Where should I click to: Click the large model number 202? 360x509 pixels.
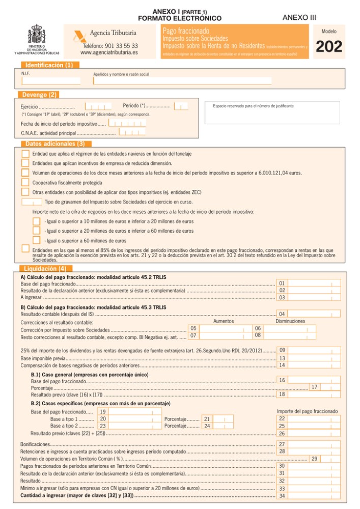coord(329,47)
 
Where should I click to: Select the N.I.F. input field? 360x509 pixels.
coord(51,80)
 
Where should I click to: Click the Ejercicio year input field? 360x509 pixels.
coord(98,106)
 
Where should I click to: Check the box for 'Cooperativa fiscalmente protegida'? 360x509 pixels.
coord(25,182)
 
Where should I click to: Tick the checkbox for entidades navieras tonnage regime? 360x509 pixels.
coord(25,153)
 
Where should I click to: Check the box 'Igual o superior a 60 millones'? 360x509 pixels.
coord(36,240)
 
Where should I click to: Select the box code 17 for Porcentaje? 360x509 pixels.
coord(315,387)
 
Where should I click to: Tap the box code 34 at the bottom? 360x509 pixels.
coord(282,496)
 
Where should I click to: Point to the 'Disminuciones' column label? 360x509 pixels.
coord(290,321)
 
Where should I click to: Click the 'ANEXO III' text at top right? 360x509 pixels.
coord(299,17)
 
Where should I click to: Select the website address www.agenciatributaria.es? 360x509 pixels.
coord(109,52)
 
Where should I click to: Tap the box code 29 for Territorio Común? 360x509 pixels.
coord(315,459)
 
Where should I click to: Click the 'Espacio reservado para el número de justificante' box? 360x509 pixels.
coord(272,112)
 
